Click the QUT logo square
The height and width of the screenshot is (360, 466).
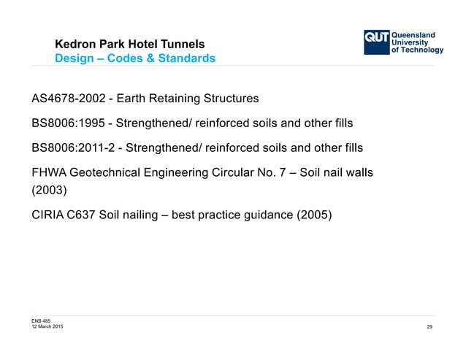[378, 42]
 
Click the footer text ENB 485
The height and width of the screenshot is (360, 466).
[41, 321]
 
